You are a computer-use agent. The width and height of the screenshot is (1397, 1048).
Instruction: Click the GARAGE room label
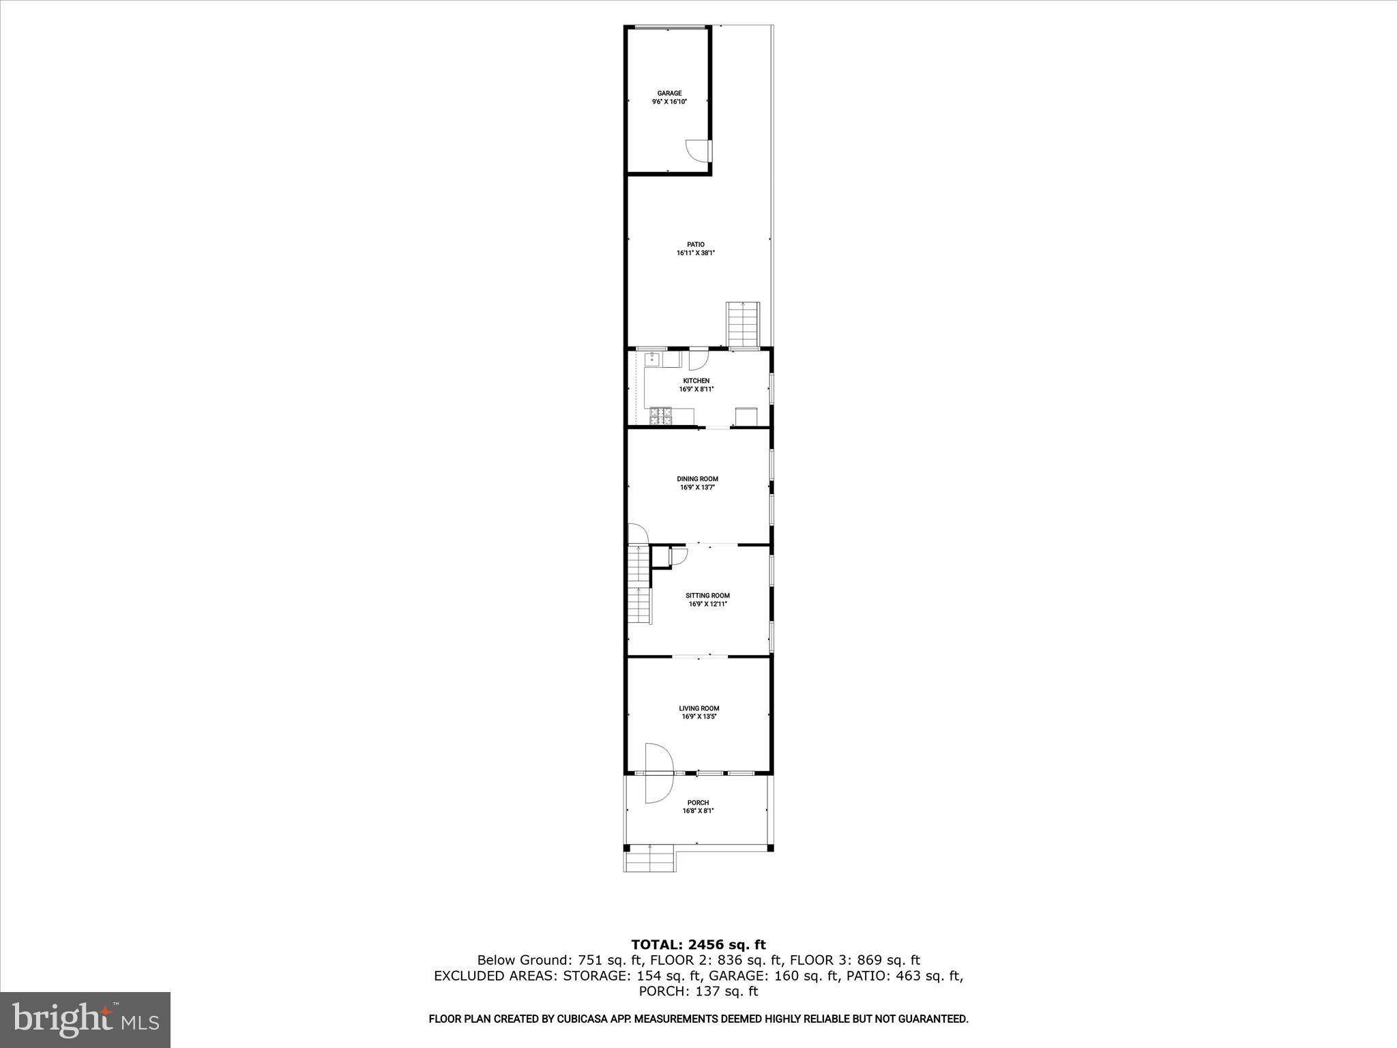(x=669, y=93)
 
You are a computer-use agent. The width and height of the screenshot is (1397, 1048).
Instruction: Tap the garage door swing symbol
(x=696, y=149)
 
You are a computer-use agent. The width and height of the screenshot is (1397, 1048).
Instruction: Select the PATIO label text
(x=695, y=244)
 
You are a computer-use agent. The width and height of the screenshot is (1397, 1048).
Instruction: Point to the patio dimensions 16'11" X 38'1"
(x=695, y=253)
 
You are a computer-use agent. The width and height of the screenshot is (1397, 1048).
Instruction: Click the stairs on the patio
(x=743, y=325)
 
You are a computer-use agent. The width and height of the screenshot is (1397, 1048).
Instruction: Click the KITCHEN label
(x=696, y=381)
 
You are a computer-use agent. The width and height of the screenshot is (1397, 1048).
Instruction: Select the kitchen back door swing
(x=699, y=358)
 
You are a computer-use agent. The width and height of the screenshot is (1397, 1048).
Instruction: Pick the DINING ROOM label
(x=697, y=479)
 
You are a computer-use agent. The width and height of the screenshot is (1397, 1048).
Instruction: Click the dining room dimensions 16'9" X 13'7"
(x=697, y=488)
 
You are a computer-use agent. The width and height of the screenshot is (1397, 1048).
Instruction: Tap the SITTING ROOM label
(x=707, y=596)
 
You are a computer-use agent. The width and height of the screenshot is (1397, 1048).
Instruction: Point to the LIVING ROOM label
(x=698, y=708)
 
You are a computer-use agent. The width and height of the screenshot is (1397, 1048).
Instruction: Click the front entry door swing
(x=659, y=772)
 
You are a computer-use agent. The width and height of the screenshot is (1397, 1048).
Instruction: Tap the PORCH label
(x=698, y=802)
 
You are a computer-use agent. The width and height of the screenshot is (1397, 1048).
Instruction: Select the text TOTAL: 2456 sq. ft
(x=698, y=945)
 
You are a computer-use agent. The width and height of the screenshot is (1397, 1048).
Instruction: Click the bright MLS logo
(x=85, y=1020)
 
